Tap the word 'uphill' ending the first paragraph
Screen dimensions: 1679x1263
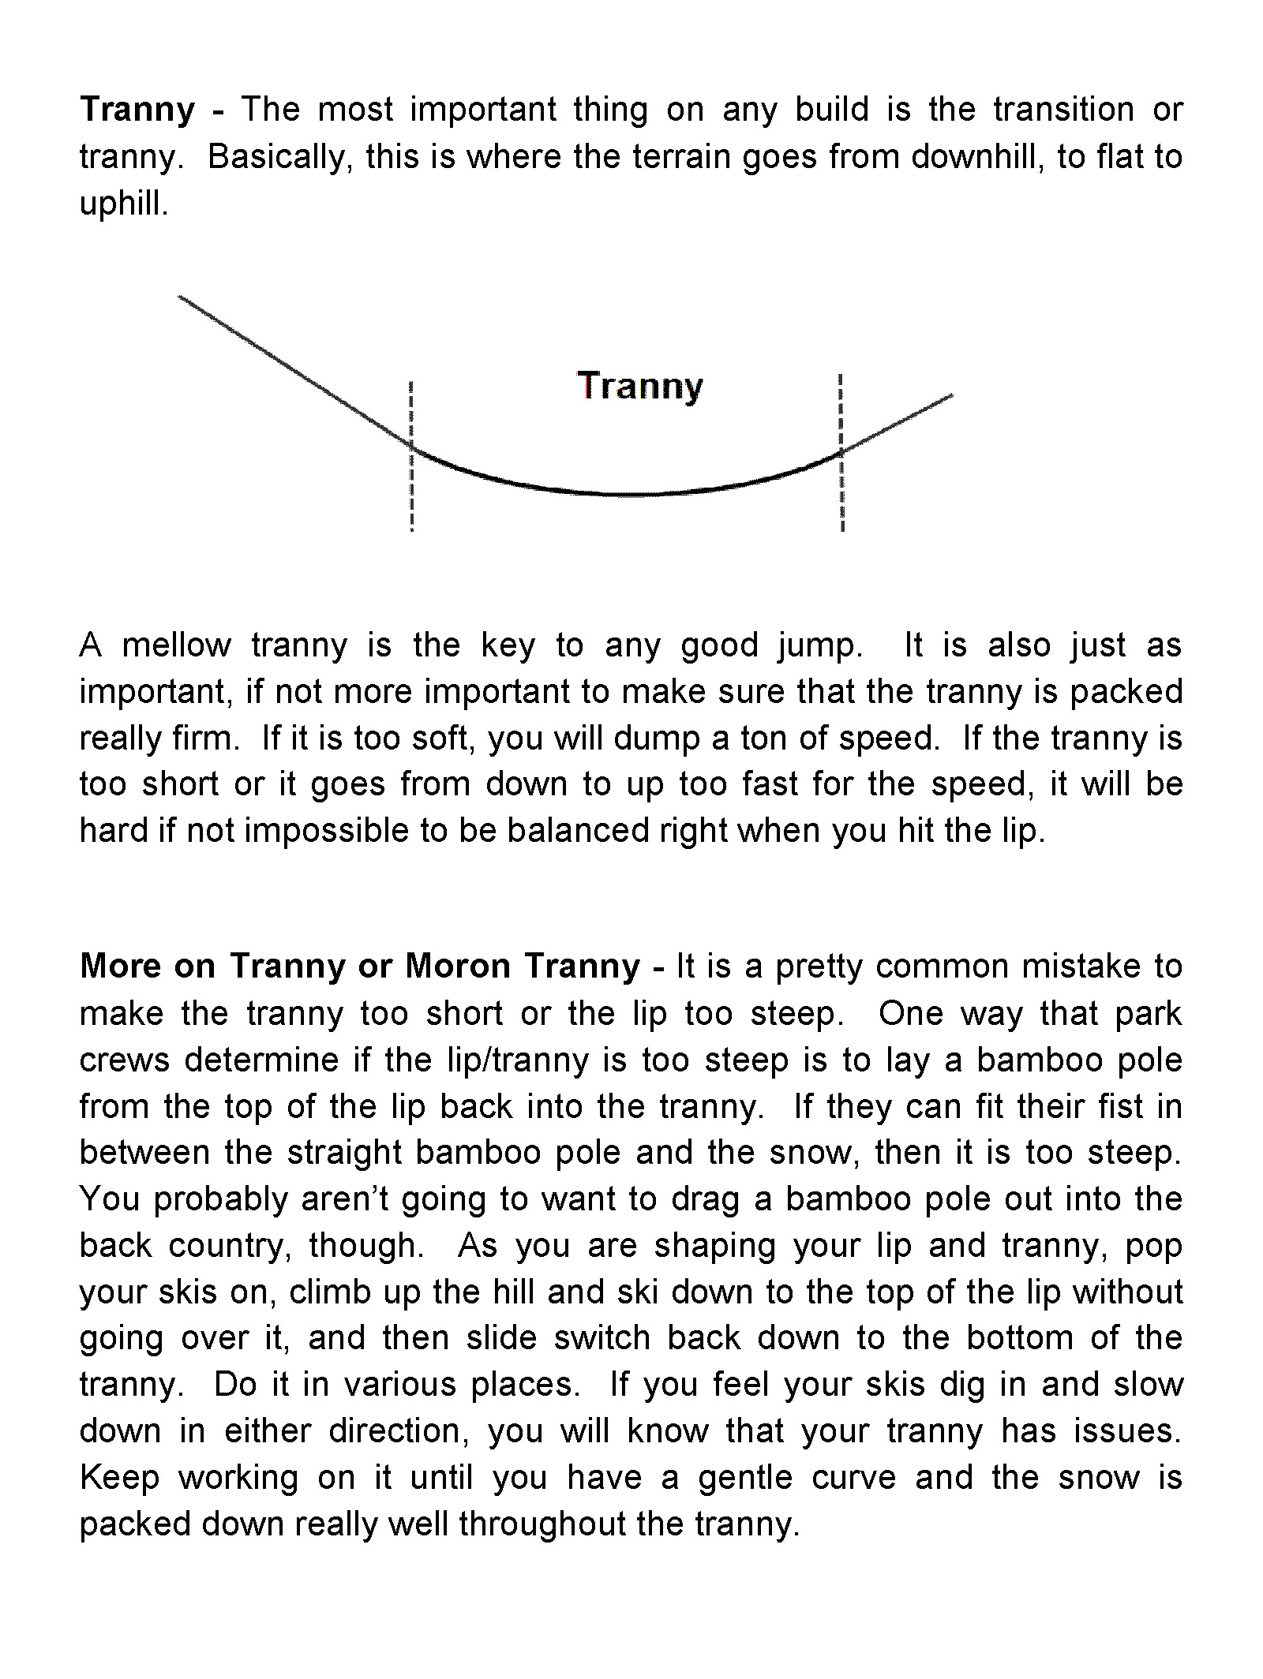122,204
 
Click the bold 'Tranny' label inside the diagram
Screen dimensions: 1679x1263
640,387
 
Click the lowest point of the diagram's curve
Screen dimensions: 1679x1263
624,494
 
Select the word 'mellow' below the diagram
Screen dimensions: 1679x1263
176,645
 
